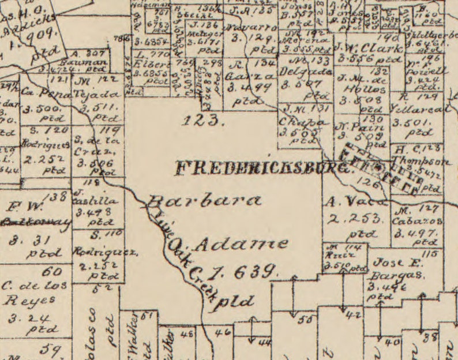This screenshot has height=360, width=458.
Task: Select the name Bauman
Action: (91, 62)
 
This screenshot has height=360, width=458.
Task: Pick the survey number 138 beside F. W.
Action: (58, 197)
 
